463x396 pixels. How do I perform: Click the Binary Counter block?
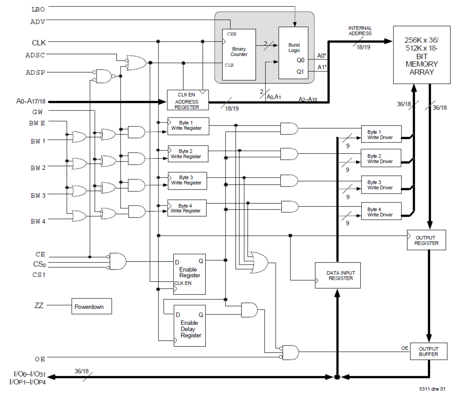239,54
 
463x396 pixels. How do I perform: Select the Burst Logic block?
293,52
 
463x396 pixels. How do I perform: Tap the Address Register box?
188,100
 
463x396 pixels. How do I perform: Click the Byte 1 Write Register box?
188,126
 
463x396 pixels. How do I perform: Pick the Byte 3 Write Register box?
187,181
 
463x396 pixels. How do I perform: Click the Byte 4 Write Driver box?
381,212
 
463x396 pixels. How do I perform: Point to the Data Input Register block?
338,275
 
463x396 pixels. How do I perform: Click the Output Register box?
426,240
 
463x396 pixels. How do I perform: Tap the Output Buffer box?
428,351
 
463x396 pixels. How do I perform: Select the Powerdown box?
91,306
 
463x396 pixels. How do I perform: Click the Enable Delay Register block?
189,326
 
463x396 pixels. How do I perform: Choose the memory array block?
421,55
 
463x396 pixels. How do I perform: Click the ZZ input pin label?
39,305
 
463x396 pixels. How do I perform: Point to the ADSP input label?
35,73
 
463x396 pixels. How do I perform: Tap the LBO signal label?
38,9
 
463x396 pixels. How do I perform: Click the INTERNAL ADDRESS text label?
360,31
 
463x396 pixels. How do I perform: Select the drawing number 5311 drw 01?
432,389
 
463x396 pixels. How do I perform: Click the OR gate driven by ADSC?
136,63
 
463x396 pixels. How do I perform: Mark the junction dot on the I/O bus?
337,377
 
